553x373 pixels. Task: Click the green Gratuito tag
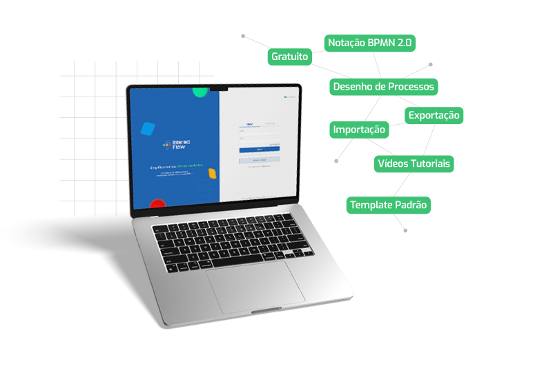click(x=289, y=57)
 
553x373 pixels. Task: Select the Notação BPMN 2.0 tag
click(x=370, y=43)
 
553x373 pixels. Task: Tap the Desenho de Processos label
click(x=383, y=86)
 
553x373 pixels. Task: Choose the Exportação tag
click(x=434, y=115)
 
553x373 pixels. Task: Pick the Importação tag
click(x=359, y=130)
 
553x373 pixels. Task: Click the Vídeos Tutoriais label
click(x=414, y=163)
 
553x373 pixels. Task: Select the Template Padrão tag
click(x=389, y=205)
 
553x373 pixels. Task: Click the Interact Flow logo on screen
click(x=177, y=145)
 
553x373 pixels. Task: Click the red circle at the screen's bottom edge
click(x=158, y=204)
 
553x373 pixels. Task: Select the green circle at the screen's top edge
click(x=200, y=91)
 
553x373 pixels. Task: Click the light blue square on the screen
click(x=147, y=128)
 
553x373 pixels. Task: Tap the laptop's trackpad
click(x=255, y=285)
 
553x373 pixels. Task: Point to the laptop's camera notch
click(x=220, y=88)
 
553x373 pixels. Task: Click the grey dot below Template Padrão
click(x=405, y=230)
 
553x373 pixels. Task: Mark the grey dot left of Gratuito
click(x=243, y=34)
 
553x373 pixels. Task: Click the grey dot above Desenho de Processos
click(x=431, y=65)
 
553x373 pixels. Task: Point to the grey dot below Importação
click(x=336, y=161)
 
